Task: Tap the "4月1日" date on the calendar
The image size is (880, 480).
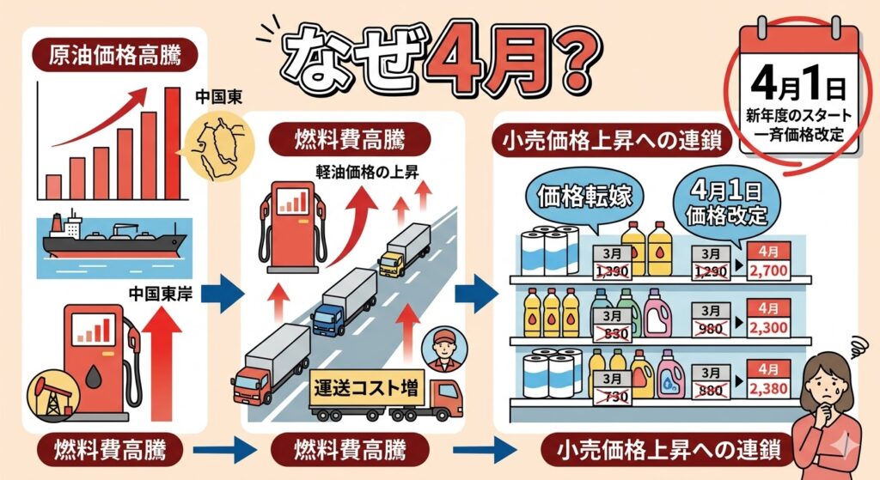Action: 798,87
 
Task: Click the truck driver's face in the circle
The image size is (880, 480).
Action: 443,349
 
